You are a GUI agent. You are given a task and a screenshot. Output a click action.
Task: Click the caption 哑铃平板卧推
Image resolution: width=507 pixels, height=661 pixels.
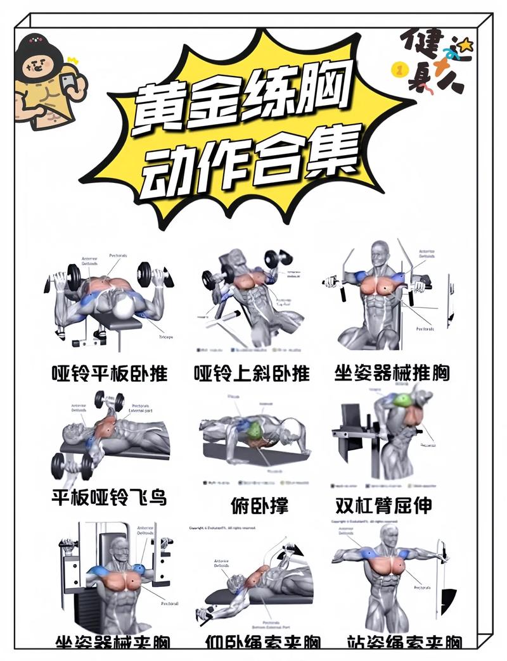click(109, 373)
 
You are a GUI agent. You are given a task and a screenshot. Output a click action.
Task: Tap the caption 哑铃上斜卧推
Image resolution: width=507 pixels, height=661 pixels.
click(252, 373)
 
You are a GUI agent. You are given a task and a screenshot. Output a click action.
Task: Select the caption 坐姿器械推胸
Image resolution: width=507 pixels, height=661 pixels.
click(392, 373)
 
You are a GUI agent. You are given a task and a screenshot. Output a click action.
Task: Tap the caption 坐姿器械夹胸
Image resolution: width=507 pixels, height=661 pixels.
click(113, 641)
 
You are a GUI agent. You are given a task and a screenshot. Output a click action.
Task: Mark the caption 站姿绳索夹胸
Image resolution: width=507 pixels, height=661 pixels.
click(404, 641)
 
